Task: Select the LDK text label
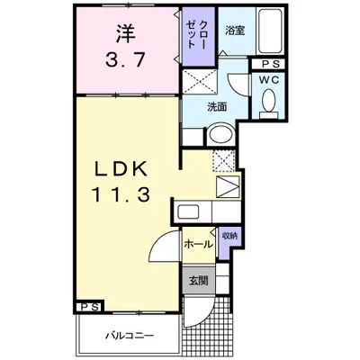(x=121, y=170)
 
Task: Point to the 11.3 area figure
(x=121, y=193)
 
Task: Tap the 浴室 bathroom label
(x=235, y=31)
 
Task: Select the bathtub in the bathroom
(x=270, y=31)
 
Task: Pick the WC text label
(x=269, y=80)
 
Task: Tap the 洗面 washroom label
(x=217, y=107)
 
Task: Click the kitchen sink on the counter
(x=187, y=212)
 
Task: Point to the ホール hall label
(x=198, y=245)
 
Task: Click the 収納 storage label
(x=229, y=236)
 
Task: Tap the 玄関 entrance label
(x=198, y=281)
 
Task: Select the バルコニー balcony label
(x=130, y=335)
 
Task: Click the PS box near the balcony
(x=90, y=307)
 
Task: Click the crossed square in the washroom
(x=200, y=81)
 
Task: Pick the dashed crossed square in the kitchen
(x=223, y=160)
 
